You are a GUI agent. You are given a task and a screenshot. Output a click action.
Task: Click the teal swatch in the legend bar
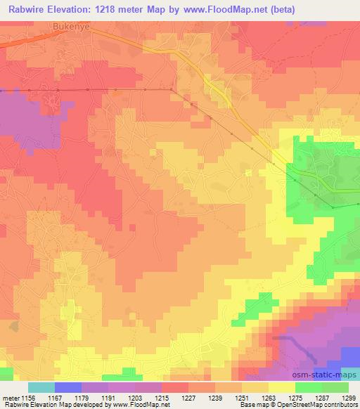coord(41,387)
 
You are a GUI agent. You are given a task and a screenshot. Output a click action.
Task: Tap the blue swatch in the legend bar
coord(68,387)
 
